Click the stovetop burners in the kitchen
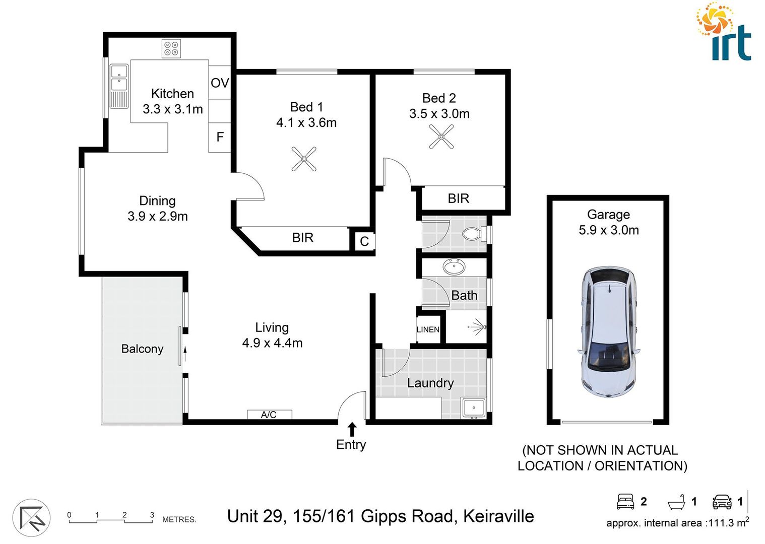pos(171,49)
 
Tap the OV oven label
pos(220,83)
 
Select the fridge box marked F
pos(220,137)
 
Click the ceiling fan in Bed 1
pos(304,159)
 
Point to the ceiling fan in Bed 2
pos(441,136)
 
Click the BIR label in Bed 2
pos(458,198)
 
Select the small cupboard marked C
pos(364,242)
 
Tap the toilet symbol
pos(474,234)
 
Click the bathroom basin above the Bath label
pos(454,267)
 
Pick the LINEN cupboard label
pos(428,329)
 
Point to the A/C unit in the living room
pos(269,415)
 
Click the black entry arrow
pos(352,429)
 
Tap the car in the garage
pos(609,332)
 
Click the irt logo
pos(725,33)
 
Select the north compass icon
pos(31,518)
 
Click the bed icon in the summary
pos(625,501)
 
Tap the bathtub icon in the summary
pos(676,502)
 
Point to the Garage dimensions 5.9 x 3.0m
pos(608,230)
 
